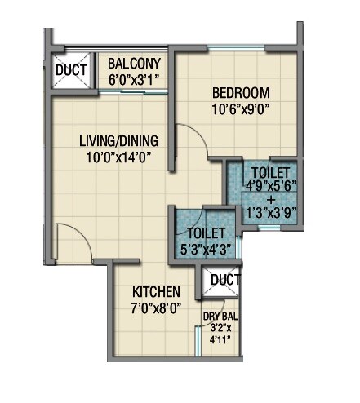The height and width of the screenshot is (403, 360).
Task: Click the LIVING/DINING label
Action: [119, 140]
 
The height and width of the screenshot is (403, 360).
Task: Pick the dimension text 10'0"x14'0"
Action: [119, 156]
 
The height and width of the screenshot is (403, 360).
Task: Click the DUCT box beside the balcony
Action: [70, 70]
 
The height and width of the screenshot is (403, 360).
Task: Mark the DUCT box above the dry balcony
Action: [225, 281]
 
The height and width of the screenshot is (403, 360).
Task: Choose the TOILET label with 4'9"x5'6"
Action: [271, 173]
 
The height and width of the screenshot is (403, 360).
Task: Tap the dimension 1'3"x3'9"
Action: [271, 212]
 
